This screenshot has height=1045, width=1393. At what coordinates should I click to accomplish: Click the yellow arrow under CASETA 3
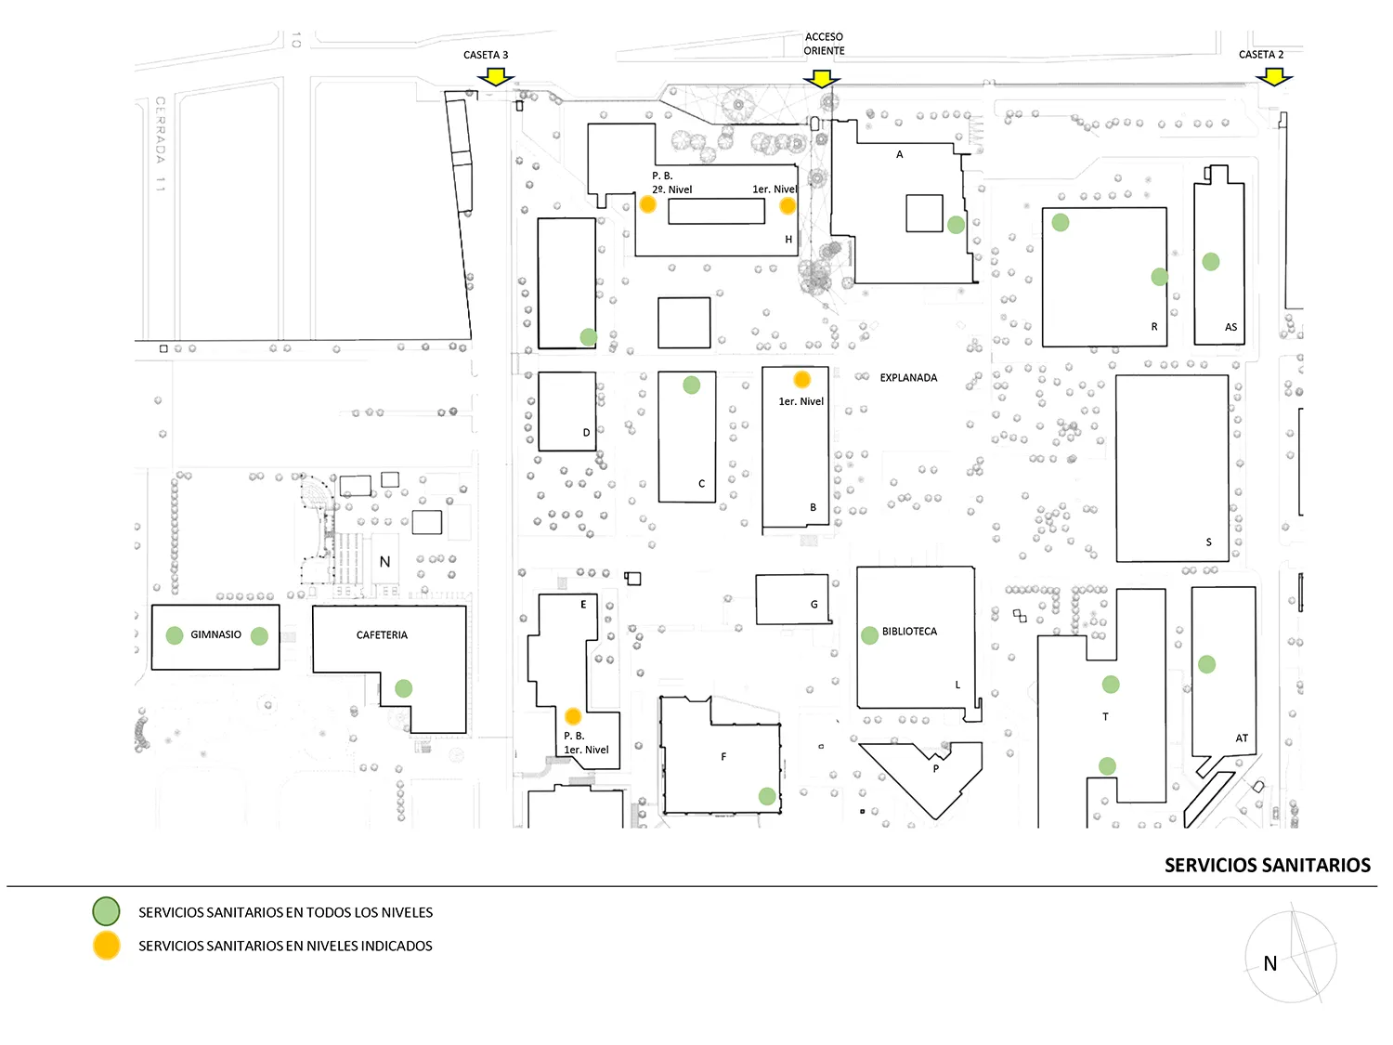(x=495, y=76)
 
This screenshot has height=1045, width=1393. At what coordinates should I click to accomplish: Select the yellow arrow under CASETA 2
(x=1274, y=77)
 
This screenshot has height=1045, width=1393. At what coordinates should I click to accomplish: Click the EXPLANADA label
(x=908, y=378)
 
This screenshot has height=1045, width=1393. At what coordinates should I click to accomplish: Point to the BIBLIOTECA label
(x=909, y=632)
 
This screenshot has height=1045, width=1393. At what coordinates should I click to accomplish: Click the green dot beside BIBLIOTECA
(x=869, y=635)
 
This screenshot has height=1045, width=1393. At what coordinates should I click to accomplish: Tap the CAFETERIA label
(x=382, y=635)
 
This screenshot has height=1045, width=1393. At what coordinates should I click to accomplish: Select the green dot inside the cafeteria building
(x=403, y=688)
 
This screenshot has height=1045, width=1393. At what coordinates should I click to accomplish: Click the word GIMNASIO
(x=215, y=635)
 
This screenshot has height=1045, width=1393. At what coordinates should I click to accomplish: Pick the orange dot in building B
(x=801, y=379)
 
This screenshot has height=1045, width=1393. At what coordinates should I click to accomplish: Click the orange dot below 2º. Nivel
(x=648, y=204)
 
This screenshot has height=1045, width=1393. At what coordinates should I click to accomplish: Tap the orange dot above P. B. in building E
(x=573, y=716)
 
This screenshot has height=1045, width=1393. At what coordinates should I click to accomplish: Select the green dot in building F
(x=767, y=796)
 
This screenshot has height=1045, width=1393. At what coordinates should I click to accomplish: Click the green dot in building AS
(x=1210, y=262)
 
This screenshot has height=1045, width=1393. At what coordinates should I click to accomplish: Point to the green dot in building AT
(x=1206, y=664)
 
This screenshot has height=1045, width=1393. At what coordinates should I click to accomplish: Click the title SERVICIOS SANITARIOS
(x=1267, y=866)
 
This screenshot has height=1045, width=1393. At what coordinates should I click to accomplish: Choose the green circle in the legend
(x=106, y=911)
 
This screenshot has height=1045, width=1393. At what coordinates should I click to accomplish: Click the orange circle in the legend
(x=106, y=946)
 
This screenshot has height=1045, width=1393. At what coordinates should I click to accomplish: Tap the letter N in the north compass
(x=1269, y=964)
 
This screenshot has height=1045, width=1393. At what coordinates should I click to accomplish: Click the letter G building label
(x=814, y=605)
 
